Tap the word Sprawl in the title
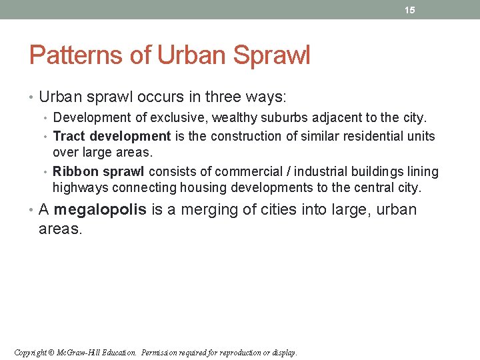point(271,55)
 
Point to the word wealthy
point(233,118)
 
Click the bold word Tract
point(69,137)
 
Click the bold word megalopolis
point(100,210)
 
